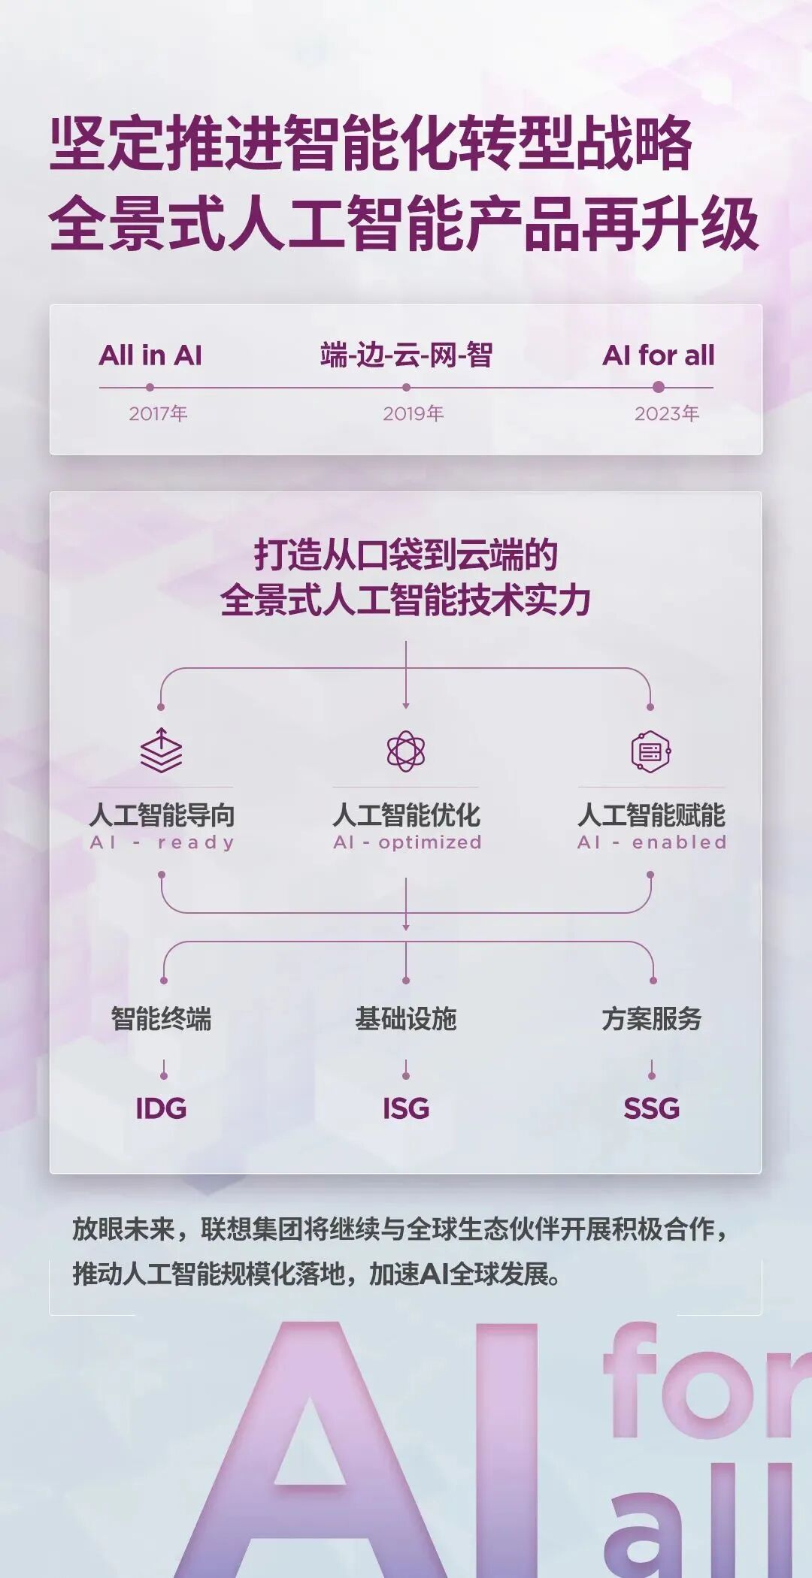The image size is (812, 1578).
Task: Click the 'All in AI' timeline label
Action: click(x=150, y=355)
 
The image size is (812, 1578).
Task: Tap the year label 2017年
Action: click(x=158, y=413)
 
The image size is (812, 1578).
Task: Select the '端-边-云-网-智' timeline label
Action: click(x=406, y=355)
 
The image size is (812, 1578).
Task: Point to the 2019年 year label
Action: click(x=413, y=413)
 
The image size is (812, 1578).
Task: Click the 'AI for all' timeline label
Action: click(x=659, y=355)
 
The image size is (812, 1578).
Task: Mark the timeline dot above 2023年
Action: click(x=659, y=387)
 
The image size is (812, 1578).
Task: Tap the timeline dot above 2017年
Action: click(x=150, y=387)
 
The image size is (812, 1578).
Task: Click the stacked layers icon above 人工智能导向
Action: click(x=161, y=751)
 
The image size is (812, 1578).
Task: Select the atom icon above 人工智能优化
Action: click(x=406, y=751)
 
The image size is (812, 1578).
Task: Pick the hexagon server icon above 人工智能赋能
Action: click(x=650, y=751)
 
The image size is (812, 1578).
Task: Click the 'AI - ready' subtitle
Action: click(x=162, y=842)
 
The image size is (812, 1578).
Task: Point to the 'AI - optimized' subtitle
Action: click(x=407, y=842)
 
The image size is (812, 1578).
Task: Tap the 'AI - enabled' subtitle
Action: click(x=652, y=842)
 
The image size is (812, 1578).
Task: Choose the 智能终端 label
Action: click(x=162, y=1019)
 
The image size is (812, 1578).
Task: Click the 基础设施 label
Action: click(x=406, y=1019)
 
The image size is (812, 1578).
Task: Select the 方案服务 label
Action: click(x=652, y=1019)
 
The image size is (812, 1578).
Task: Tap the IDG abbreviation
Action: click(x=161, y=1108)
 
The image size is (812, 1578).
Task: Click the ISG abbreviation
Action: click(x=406, y=1108)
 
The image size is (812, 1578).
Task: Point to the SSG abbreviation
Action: click(x=652, y=1108)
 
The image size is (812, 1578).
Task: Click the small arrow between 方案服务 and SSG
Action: click(x=652, y=1069)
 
